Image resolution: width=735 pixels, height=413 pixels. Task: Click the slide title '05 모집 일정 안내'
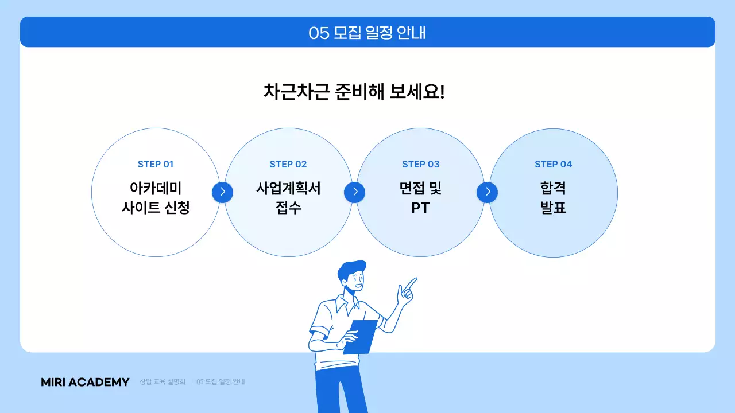[367, 33]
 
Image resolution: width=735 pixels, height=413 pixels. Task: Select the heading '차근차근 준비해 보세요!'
[354, 92]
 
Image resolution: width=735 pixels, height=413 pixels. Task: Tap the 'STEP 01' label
[155, 165]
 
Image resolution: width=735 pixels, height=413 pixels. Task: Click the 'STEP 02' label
[288, 165]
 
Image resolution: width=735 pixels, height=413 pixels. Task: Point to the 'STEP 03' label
[420, 165]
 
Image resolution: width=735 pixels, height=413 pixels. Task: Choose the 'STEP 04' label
[553, 165]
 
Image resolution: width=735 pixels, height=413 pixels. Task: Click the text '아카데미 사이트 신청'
[155, 198]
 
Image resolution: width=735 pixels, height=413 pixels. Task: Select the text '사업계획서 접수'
[288, 198]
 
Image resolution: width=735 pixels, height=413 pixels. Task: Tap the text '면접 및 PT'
[420, 198]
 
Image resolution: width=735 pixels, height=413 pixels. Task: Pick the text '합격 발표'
[553, 198]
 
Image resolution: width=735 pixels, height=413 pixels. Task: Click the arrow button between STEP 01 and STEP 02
[222, 192]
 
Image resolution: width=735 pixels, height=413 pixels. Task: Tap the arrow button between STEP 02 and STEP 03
[355, 192]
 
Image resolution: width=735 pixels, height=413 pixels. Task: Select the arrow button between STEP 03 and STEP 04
[488, 192]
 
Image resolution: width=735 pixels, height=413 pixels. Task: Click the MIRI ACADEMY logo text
[85, 382]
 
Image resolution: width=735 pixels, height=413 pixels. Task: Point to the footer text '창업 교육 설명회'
[162, 382]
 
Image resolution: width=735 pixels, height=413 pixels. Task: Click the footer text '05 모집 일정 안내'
[220, 382]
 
